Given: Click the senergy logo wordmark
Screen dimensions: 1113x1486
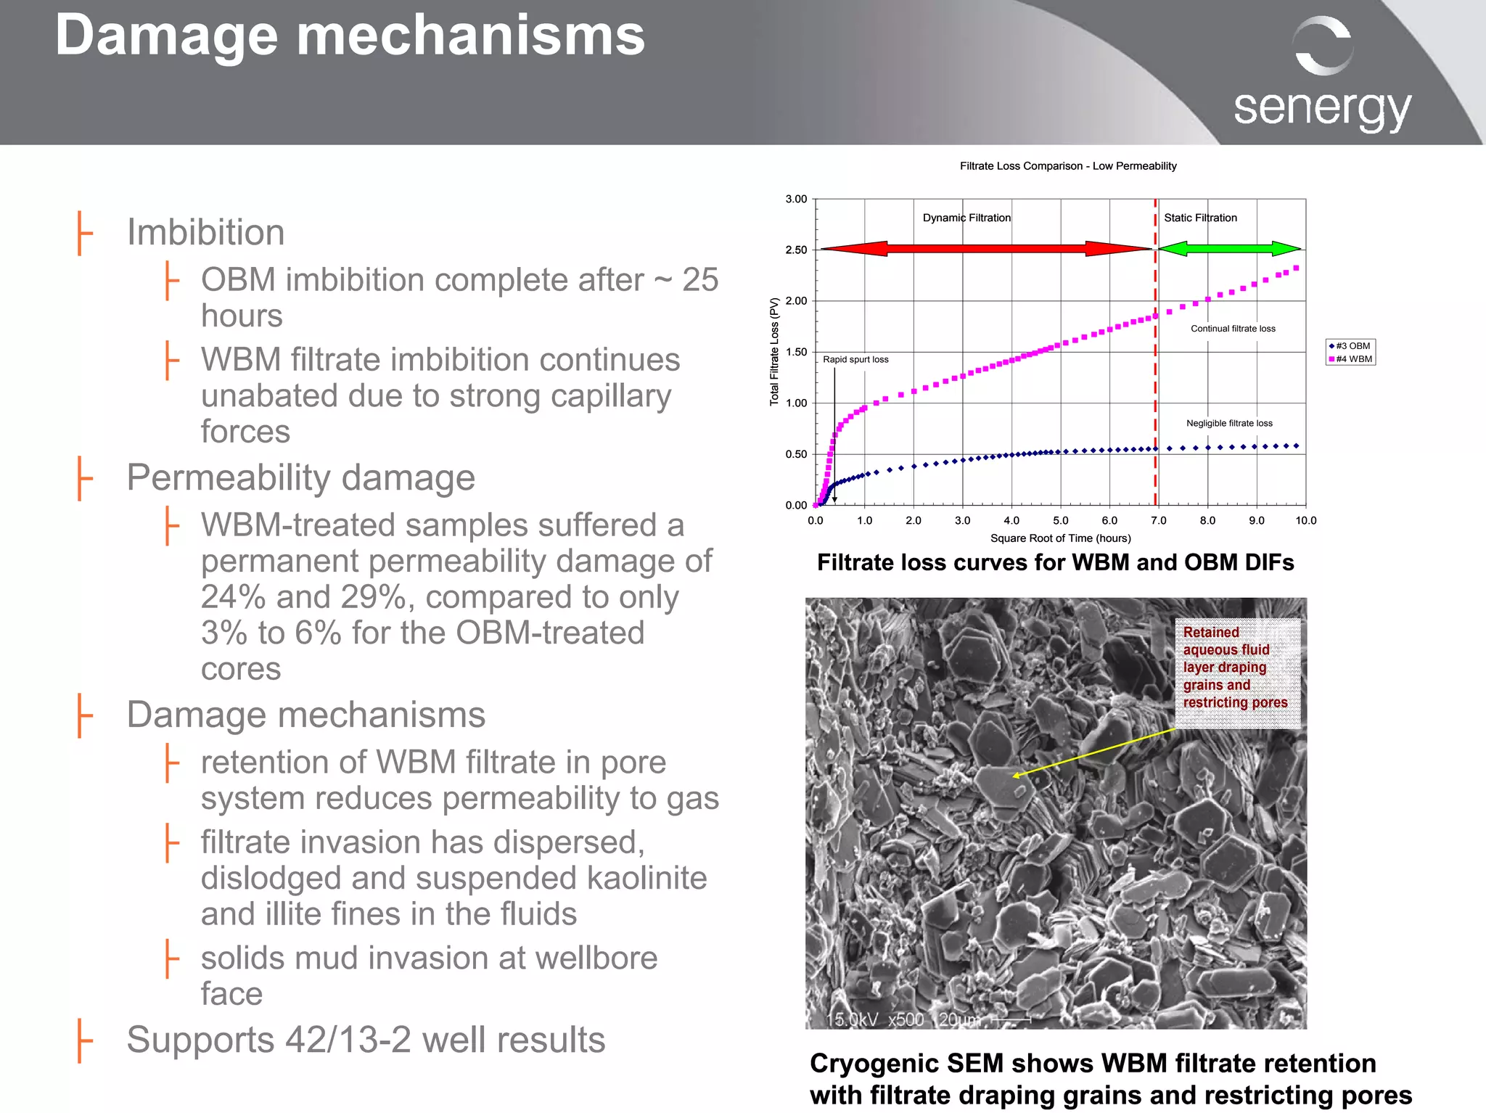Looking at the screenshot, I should pyautogui.click(x=1322, y=109).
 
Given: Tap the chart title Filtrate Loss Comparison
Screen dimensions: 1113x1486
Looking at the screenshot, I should pyautogui.click(x=1067, y=166).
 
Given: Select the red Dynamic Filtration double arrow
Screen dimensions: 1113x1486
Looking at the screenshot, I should pyautogui.click(x=985, y=249).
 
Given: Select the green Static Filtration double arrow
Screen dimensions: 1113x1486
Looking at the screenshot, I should pyautogui.click(x=1229, y=249).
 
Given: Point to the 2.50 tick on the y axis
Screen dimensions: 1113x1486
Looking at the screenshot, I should pyautogui.click(x=796, y=250).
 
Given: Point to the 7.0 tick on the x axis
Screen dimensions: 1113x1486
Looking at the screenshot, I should pyautogui.click(x=1158, y=520).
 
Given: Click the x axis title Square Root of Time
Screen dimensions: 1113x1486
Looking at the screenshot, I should pyautogui.click(x=1060, y=538).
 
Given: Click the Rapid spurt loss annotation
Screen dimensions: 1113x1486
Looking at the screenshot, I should pyautogui.click(x=855, y=359).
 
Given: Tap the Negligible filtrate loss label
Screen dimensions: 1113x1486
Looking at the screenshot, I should pyautogui.click(x=1229, y=423).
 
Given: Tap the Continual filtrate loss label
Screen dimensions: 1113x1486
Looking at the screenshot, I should pyautogui.click(x=1233, y=329).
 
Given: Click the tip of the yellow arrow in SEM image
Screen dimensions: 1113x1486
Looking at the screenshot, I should pyautogui.click(x=1014, y=776).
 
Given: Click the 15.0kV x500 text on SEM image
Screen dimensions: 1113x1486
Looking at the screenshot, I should pyautogui.click(x=875, y=1019).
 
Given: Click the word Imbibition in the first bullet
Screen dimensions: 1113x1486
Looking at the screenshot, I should pyautogui.click(x=205, y=232).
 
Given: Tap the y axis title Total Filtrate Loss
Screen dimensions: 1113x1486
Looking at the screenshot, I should pyautogui.click(x=774, y=351).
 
